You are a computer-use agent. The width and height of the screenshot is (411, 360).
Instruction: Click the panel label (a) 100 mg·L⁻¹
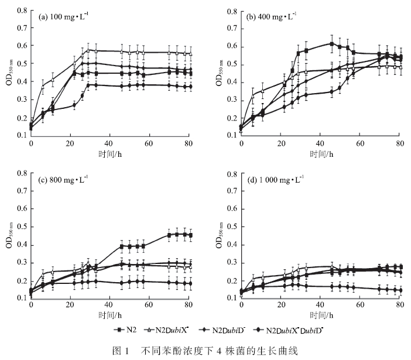[x=67, y=16]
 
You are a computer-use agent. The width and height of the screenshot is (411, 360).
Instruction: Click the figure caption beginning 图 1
[x=205, y=351]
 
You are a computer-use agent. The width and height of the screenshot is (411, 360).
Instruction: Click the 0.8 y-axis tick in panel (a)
[x=21, y=11]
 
